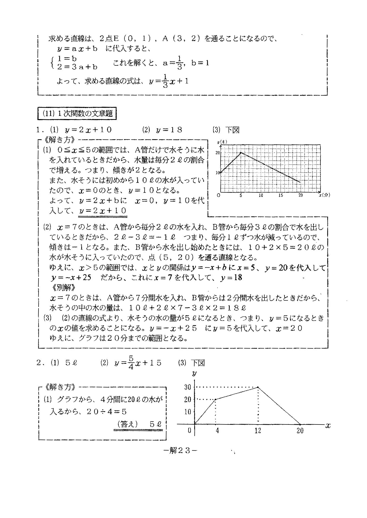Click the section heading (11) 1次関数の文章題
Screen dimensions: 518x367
pos(77,114)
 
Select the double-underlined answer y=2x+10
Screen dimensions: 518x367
pos(103,211)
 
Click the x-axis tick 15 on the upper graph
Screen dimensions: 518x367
pos(281,196)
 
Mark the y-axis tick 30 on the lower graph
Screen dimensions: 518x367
pos(188,387)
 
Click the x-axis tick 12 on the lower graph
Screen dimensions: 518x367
pos(258,431)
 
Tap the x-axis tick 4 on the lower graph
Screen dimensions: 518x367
pos(217,431)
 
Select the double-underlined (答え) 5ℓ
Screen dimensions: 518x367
pos(139,424)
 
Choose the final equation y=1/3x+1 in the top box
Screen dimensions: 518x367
pos(169,82)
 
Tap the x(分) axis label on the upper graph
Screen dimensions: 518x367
pos(325,196)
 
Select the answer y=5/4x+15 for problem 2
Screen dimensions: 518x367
pos(138,363)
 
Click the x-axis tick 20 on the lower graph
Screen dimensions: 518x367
pos(300,431)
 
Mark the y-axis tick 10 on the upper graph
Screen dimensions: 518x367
pos(218,173)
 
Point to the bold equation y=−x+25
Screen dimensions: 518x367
pos(71,278)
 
